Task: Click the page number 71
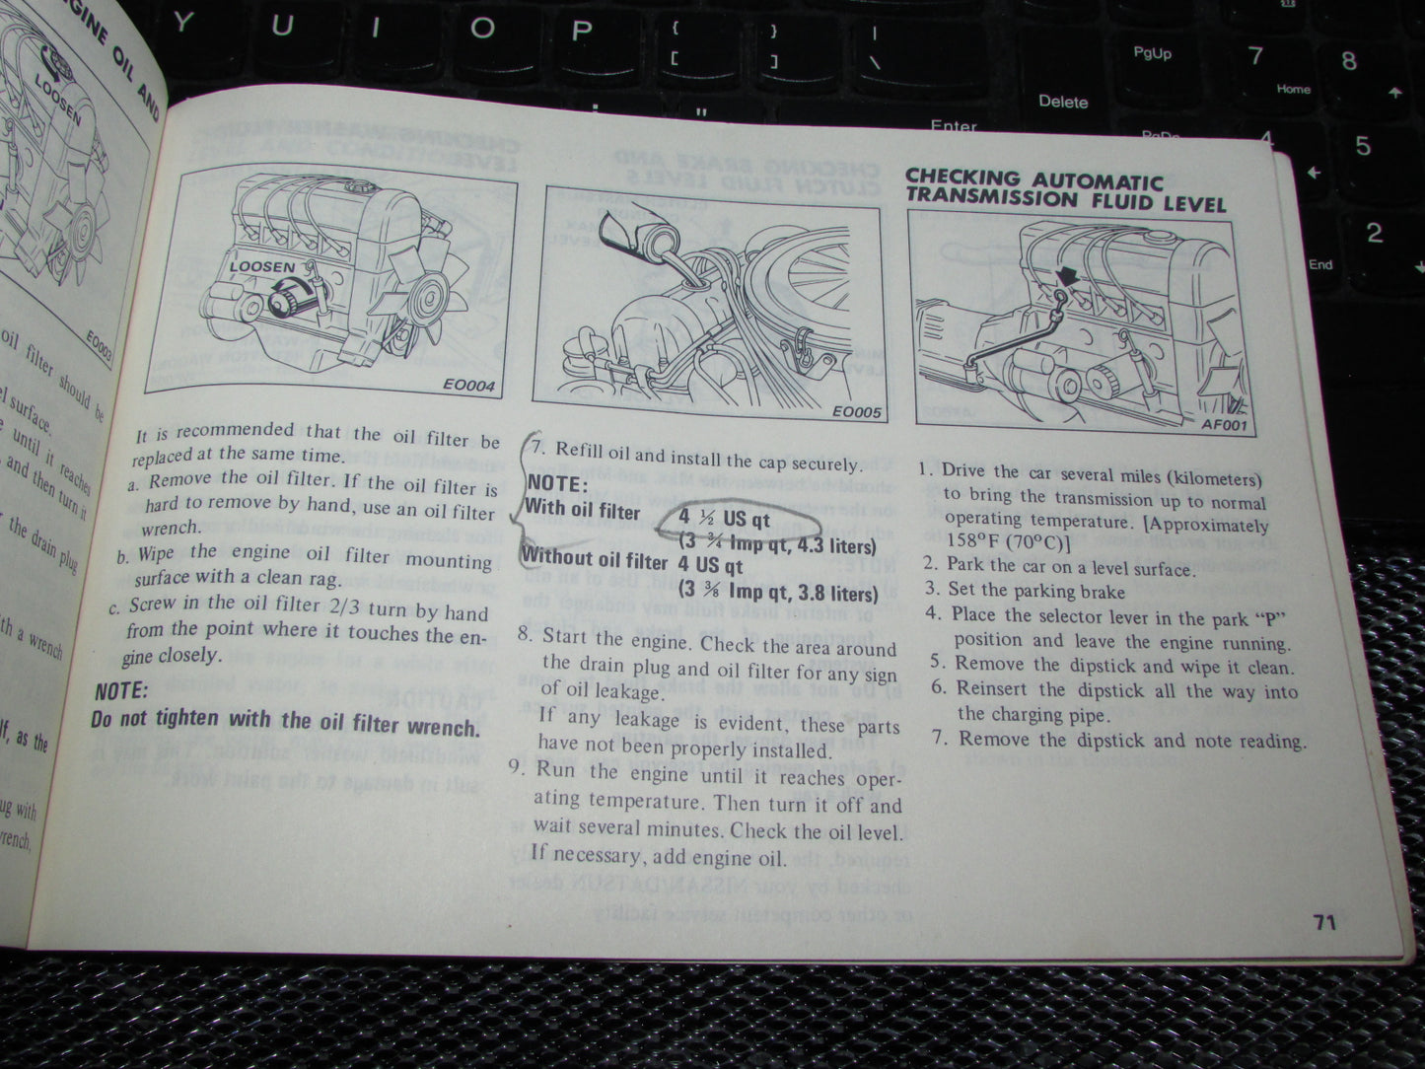[1323, 922]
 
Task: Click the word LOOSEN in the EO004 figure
[260, 266]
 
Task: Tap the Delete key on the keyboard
[1062, 102]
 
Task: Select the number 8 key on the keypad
[1348, 60]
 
